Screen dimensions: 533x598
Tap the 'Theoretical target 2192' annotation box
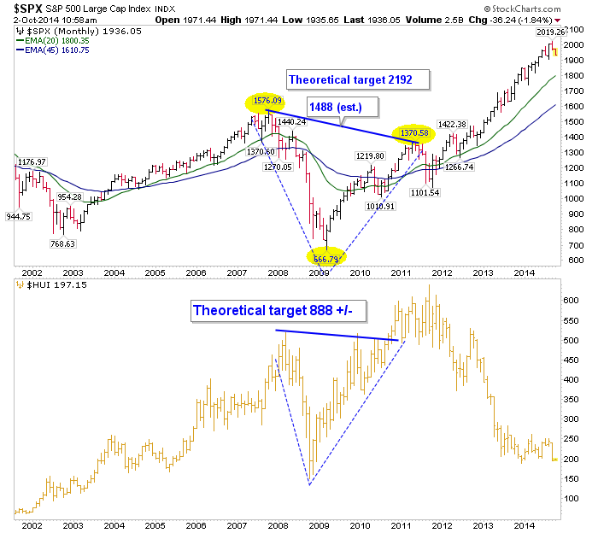[350, 79]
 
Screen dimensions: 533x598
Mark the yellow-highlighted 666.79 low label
[325, 258]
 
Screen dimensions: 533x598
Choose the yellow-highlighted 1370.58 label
[415, 133]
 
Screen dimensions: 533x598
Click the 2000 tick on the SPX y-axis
[573, 44]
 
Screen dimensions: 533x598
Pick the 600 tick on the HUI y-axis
[571, 302]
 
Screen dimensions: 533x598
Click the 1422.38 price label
[450, 125]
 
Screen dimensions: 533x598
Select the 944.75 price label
[19, 216]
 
